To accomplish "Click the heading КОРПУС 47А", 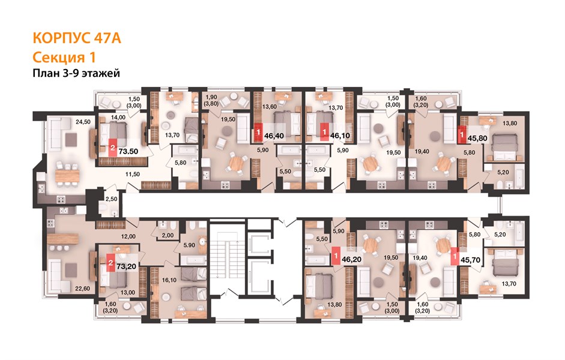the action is tap(77, 38).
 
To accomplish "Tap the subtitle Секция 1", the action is tap(64, 57).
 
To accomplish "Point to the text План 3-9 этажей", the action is tap(76, 73).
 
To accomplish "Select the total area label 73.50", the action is tap(128, 151).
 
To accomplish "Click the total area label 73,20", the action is tap(126, 266).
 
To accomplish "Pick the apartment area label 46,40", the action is tap(274, 136).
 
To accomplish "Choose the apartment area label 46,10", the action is tap(340, 136).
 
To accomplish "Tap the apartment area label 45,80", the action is tap(477, 138).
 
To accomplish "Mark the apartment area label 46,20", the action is tap(352, 259).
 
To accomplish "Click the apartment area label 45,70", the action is tap(471, 259).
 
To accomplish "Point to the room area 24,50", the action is tap(83, 122).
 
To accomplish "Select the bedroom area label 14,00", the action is tap(118, 118).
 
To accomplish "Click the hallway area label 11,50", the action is tap(133, 174).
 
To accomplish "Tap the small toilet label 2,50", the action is tap(111, 199).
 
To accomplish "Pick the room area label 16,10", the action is tap(169, 280).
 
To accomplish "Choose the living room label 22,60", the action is tap(82, 289).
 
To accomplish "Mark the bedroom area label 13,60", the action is tap(270, 107).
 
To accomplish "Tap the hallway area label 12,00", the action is tap(128, 236).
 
